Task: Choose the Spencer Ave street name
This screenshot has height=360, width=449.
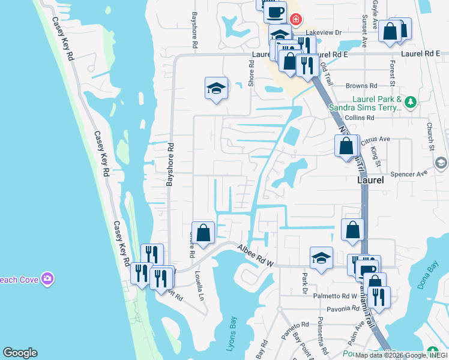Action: pos(408,174)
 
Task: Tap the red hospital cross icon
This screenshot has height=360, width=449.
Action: pos(295,20)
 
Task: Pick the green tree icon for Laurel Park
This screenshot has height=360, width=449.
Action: pos(411,102)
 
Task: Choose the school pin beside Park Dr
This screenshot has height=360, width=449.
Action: pos(321,259)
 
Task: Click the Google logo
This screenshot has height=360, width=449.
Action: pos(20,353)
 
